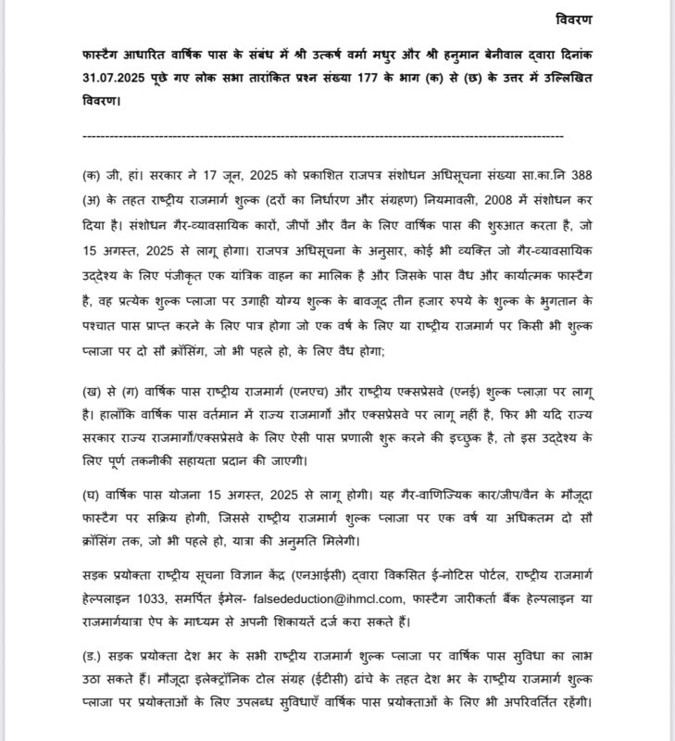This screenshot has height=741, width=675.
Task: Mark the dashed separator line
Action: [x=323, y=137]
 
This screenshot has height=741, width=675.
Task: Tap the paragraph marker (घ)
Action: [x=91, y=490]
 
